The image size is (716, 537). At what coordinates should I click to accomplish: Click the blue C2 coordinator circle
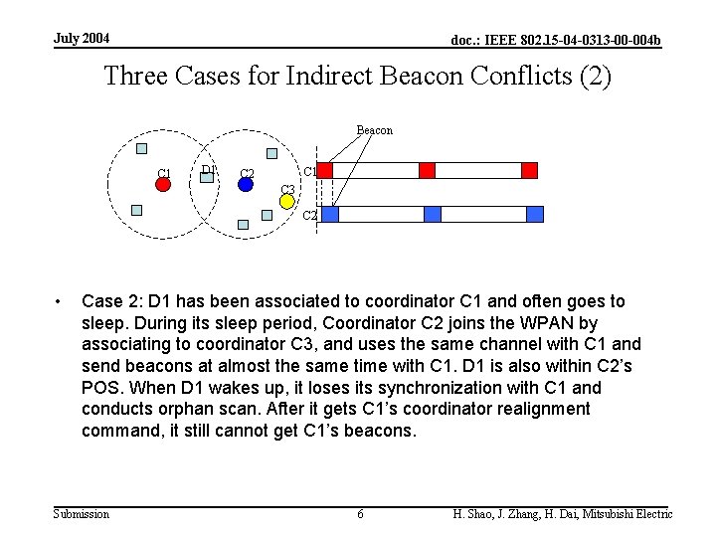[246, 183]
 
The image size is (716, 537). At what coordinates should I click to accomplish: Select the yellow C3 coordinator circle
[286, 202]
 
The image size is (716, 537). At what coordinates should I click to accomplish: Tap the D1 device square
[208, 176]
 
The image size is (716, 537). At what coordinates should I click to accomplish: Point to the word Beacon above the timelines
[374, 130]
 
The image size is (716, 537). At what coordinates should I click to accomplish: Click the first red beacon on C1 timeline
[324, 170]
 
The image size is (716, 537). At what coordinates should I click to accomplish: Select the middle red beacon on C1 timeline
[427, 170]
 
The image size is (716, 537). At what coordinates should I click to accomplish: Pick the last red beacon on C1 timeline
[529, 170]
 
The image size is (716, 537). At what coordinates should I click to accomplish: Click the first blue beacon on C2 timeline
[330, 214]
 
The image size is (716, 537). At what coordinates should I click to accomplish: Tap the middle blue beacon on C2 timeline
[433, 214]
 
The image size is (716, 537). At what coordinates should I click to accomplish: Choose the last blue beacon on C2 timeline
[535, 214]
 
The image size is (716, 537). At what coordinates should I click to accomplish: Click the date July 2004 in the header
[82, 39]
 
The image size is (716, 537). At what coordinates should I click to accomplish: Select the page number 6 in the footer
[360, 514]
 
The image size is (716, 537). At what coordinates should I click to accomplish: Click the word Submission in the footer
[82, 514]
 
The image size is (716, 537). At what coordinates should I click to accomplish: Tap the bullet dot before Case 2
[61, 301]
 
